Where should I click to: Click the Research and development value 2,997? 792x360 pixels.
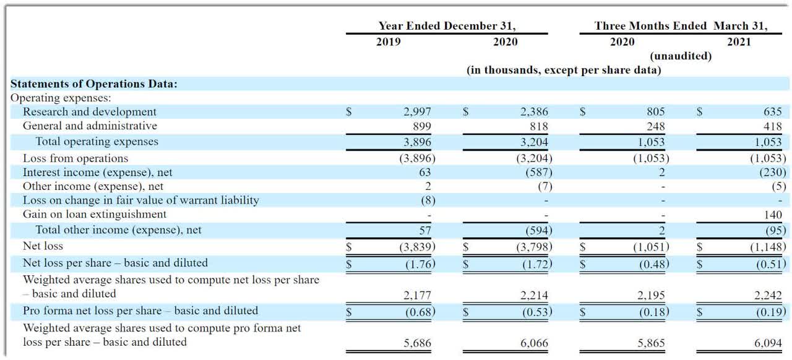417,112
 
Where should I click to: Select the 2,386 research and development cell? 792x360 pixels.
534,112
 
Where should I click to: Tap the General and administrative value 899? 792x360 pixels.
422,126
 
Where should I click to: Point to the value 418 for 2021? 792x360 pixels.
772,126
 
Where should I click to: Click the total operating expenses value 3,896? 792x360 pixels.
417,142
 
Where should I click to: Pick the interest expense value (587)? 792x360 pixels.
538,172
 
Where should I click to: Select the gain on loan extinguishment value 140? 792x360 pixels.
773,215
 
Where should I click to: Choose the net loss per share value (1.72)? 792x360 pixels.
537,264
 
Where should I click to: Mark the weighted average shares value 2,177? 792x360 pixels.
417,295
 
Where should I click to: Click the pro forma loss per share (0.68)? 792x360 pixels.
420,312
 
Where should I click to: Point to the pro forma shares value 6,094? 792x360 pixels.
768,343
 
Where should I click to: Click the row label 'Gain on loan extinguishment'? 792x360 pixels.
95,214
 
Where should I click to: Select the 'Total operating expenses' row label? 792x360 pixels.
97,142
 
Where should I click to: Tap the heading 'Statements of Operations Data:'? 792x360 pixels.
93,84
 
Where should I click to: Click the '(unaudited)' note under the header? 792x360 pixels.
681,56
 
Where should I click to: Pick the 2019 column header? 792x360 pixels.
388,41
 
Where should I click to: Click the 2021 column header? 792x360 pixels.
739,41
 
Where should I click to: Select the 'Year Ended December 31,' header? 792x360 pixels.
447,26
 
